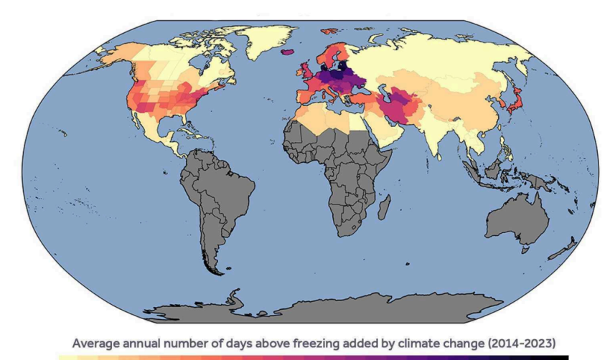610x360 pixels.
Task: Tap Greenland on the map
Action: click(x=268, y=41)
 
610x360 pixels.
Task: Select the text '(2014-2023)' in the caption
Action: click(x=522, y=343)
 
